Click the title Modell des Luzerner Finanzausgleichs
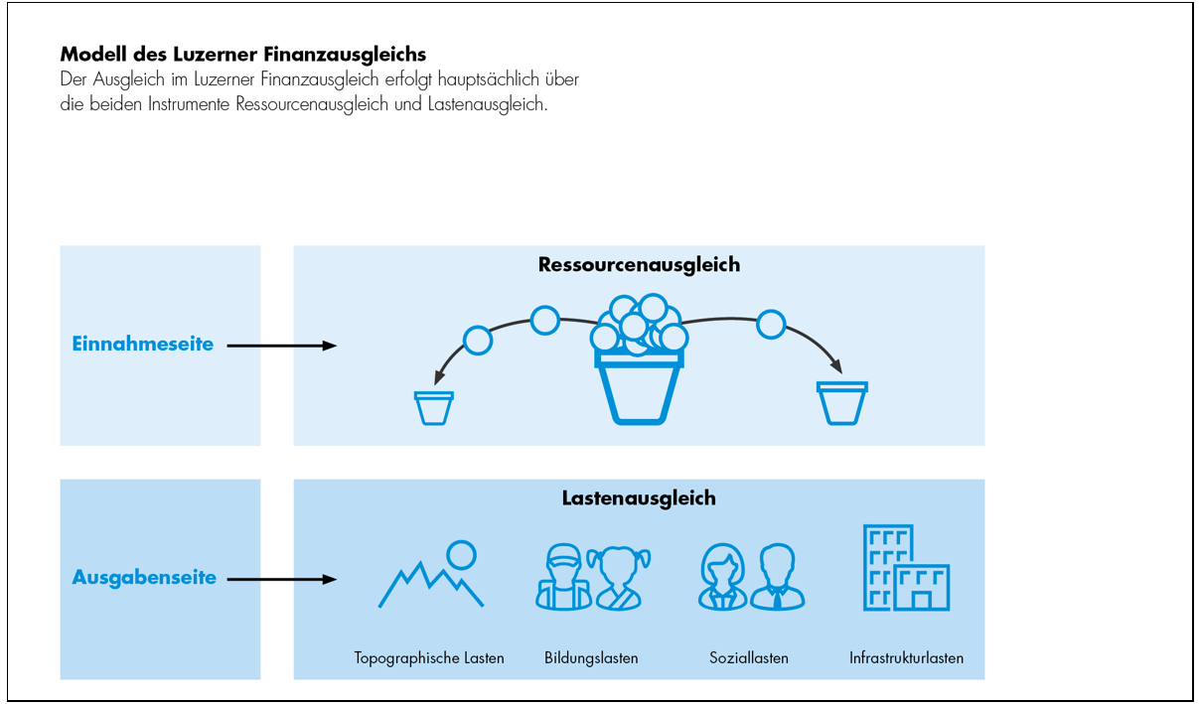243,54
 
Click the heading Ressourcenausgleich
639,265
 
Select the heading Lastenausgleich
639,498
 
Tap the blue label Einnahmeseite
143,345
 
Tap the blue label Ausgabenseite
144,578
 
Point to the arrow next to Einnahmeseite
282,346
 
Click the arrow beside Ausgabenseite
282,579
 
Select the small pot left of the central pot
434,408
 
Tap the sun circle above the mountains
461,553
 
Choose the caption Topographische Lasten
429,657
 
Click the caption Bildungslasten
591,657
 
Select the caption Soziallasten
749,657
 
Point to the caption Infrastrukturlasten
906,657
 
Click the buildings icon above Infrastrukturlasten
906,569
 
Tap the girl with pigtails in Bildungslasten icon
618,578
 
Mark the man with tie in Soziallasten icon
777,578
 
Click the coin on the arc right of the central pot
770,324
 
